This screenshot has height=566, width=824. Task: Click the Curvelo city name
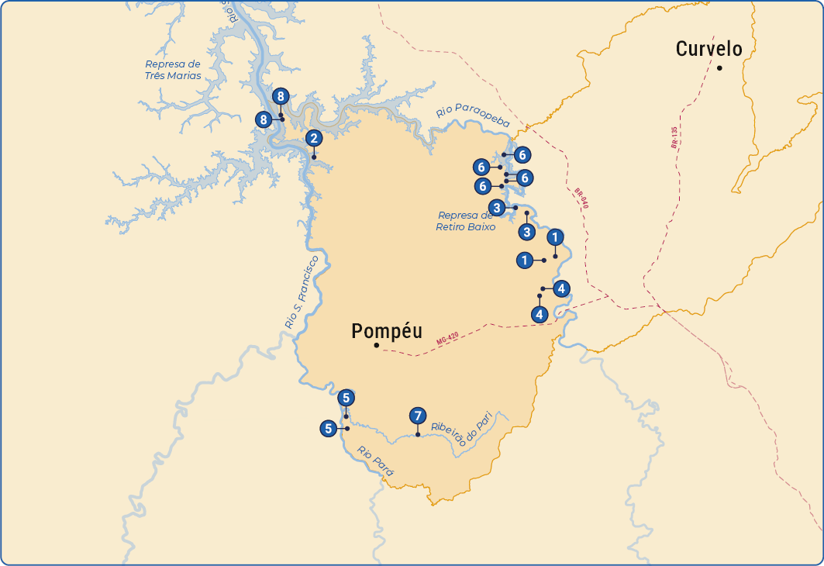pos(709,49)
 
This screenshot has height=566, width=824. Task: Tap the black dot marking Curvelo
pos(719,68)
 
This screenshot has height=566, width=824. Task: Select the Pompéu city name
pos(387,331)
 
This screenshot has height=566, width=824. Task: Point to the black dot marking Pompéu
pos(376,345)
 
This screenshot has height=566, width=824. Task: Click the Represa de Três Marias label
pos(173,70)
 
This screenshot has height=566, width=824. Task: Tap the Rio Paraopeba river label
pos(473,112)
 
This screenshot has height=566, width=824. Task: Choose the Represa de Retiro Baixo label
pos(466,221)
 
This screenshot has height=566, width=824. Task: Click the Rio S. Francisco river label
pos(302,292)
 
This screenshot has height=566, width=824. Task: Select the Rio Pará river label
pos(375,460)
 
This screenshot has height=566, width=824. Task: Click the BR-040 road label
pos(581,198)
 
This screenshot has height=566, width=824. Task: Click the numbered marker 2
pos(313,139)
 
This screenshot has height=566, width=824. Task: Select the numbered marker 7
pos(417,416)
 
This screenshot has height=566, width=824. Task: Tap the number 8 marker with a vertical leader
pos(280,97)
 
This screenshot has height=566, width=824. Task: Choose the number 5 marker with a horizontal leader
pos(329,428)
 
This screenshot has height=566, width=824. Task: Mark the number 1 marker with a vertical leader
pos(555,237)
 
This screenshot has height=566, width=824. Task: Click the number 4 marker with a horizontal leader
pos(561,288)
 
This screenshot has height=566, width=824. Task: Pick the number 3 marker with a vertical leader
pos(526,232)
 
